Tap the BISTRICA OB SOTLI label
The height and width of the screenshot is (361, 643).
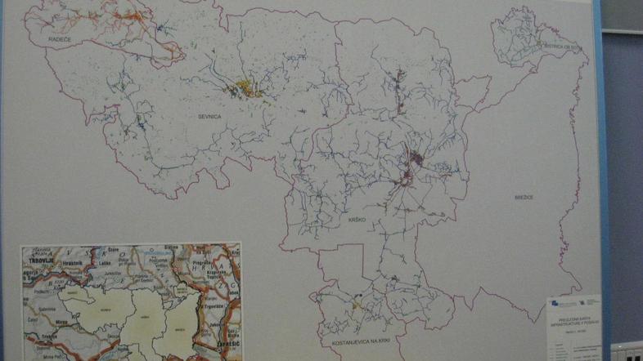click(565, 48)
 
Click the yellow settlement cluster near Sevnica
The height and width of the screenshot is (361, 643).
click(250, 89)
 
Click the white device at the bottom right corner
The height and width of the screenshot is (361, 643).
click(626, 352)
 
